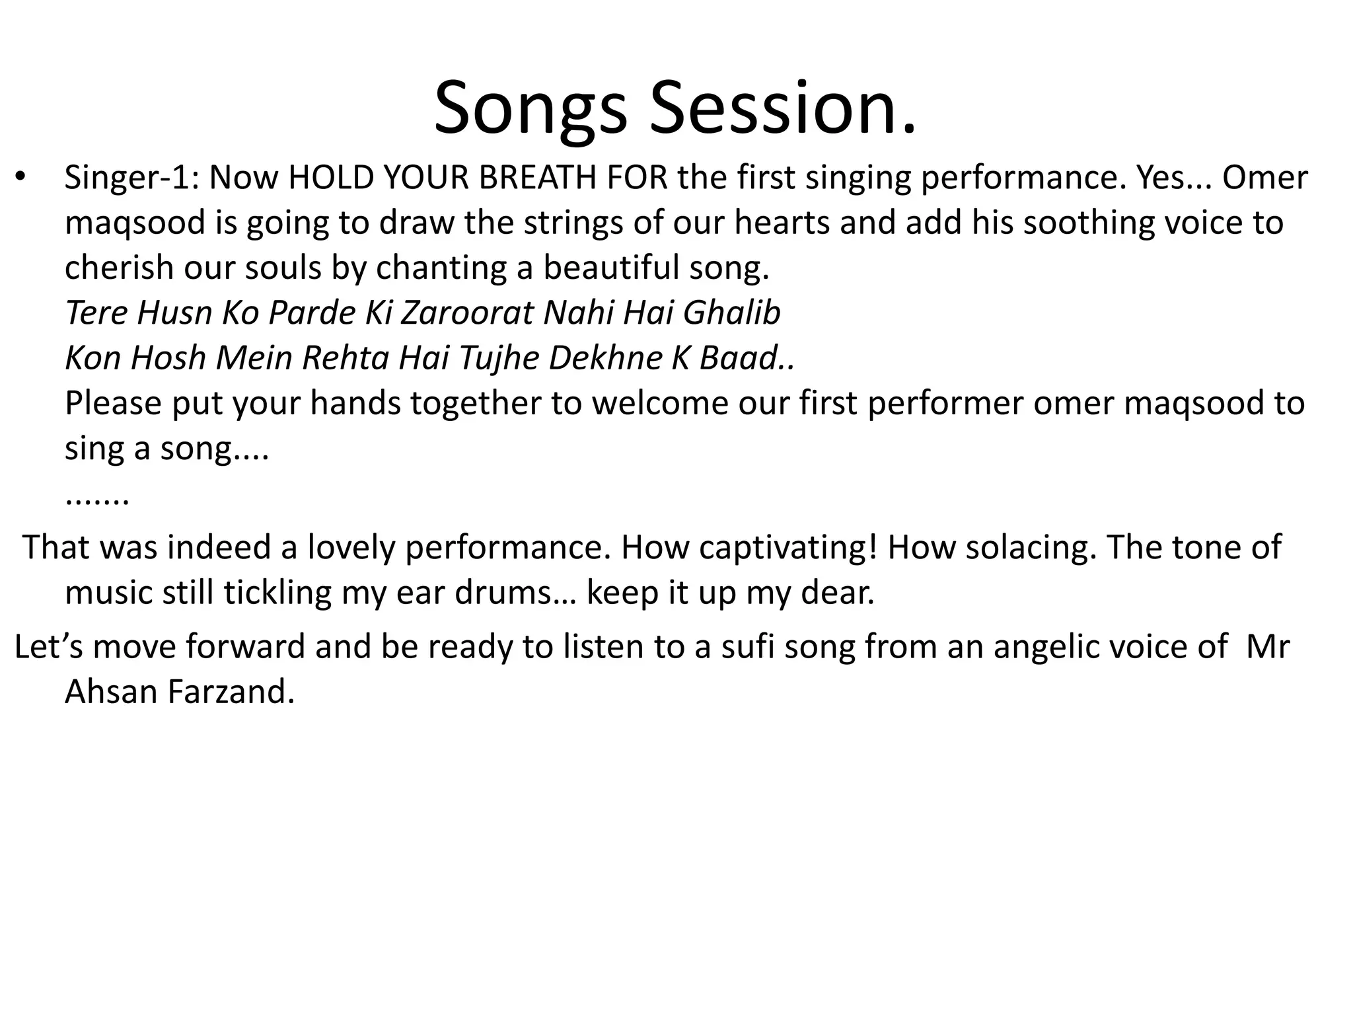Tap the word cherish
coord(119,268)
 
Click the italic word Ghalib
coord(732,313)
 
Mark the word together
coord(475,403)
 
